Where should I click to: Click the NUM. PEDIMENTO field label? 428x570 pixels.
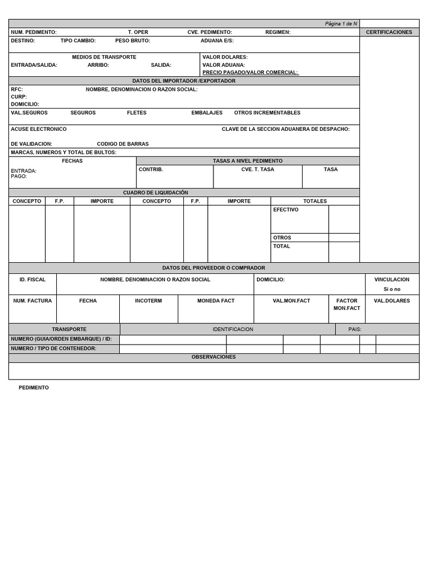[x=34, y=32]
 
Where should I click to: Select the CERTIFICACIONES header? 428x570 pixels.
[x=389, y=32]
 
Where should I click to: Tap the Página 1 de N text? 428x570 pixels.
[x=341, y=23]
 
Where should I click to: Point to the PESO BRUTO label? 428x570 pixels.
[x=133, y=41]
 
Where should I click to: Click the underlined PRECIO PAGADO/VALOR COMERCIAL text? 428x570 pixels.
[x=250, y=72]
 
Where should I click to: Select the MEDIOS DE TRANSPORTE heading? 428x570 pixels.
[x=104, y=57]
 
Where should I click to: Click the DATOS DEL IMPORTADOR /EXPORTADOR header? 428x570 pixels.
[x=184, y=81]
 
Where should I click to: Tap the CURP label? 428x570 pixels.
[x=19, y=97]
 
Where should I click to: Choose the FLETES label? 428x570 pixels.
[x=137, y=112]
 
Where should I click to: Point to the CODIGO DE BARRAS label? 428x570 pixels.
[x=123, y=144]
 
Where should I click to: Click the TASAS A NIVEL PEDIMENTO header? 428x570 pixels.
[x=247, y=161]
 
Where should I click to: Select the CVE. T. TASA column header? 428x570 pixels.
[x=257, y=169]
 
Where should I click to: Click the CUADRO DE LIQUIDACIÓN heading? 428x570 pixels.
[x=155, y=193]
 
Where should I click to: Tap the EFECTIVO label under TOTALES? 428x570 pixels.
[x=286, y=210]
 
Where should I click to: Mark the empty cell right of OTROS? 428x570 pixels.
[x=344, y=238]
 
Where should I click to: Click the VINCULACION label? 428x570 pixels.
[x=392, y=279]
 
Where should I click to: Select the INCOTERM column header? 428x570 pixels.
[x=148, y=301]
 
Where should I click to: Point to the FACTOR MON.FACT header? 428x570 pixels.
[x=347, y=304]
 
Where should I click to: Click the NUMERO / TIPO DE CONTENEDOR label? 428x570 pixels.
[x=53, y=348]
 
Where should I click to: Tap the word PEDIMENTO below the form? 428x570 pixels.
[x=33, y=387]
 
